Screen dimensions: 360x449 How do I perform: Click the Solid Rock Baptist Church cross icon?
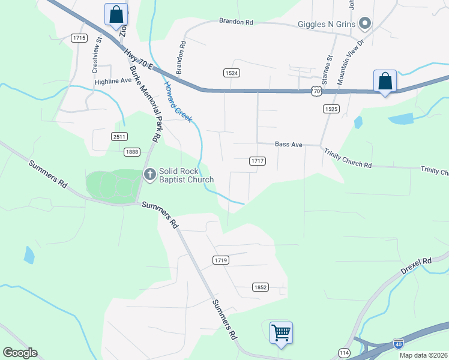coord(149,175)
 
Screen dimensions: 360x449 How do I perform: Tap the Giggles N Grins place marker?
coord(364,25)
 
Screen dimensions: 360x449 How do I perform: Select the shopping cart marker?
coord(281,332)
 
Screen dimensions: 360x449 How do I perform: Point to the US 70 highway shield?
coord(316,91)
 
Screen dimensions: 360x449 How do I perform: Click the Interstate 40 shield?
coord(399,344)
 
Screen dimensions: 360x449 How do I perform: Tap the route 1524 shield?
coord(232,73)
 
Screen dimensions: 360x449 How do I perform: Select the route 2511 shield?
coord(119,137)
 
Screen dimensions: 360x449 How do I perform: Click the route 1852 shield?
coord(260,287)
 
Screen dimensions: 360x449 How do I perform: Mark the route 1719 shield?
coord(220,260)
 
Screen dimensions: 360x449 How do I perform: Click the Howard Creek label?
coord(178,102)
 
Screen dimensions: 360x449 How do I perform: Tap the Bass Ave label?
coord(288,145)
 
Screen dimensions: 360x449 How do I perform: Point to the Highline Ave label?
coord(112,80)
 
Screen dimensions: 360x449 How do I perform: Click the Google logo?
coord(20,353)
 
